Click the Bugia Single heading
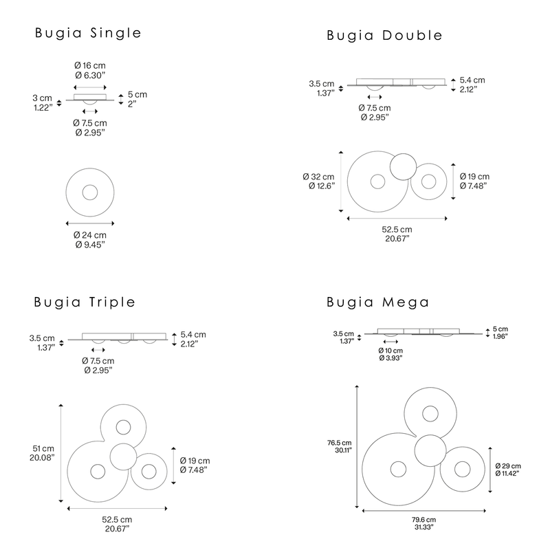pos(88,33)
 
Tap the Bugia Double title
pos(384,36)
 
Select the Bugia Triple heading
pos(85,302)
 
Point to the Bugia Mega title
pos(377,302)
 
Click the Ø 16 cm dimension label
pos(90,65)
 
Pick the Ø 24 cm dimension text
pos(90,235)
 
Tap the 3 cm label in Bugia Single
pos(42,98)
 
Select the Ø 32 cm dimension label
pos(318,177)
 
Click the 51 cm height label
pos(43,448)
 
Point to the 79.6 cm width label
pos(423,520)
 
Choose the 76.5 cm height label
pos(339,443)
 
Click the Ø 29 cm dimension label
pos(508,466)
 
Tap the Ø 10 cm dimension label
pos(390,351)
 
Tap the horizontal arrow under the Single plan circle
pos(90,223)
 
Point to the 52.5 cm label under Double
pos(397,230)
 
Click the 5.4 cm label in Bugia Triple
pos(193,335)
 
